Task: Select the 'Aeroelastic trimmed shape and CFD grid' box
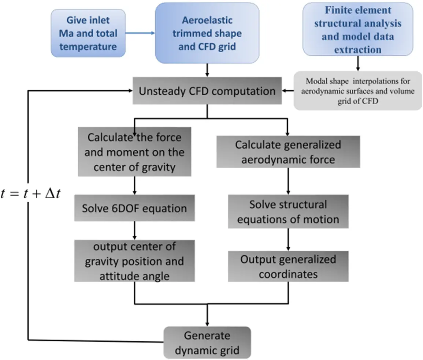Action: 207,34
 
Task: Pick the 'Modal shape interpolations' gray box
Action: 357,91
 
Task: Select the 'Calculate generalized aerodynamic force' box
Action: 288,152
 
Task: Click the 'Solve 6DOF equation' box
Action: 134,209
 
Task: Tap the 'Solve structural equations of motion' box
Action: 288,212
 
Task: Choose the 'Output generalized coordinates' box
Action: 288,267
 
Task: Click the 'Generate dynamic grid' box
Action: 207,343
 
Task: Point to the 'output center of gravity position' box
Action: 134,261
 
